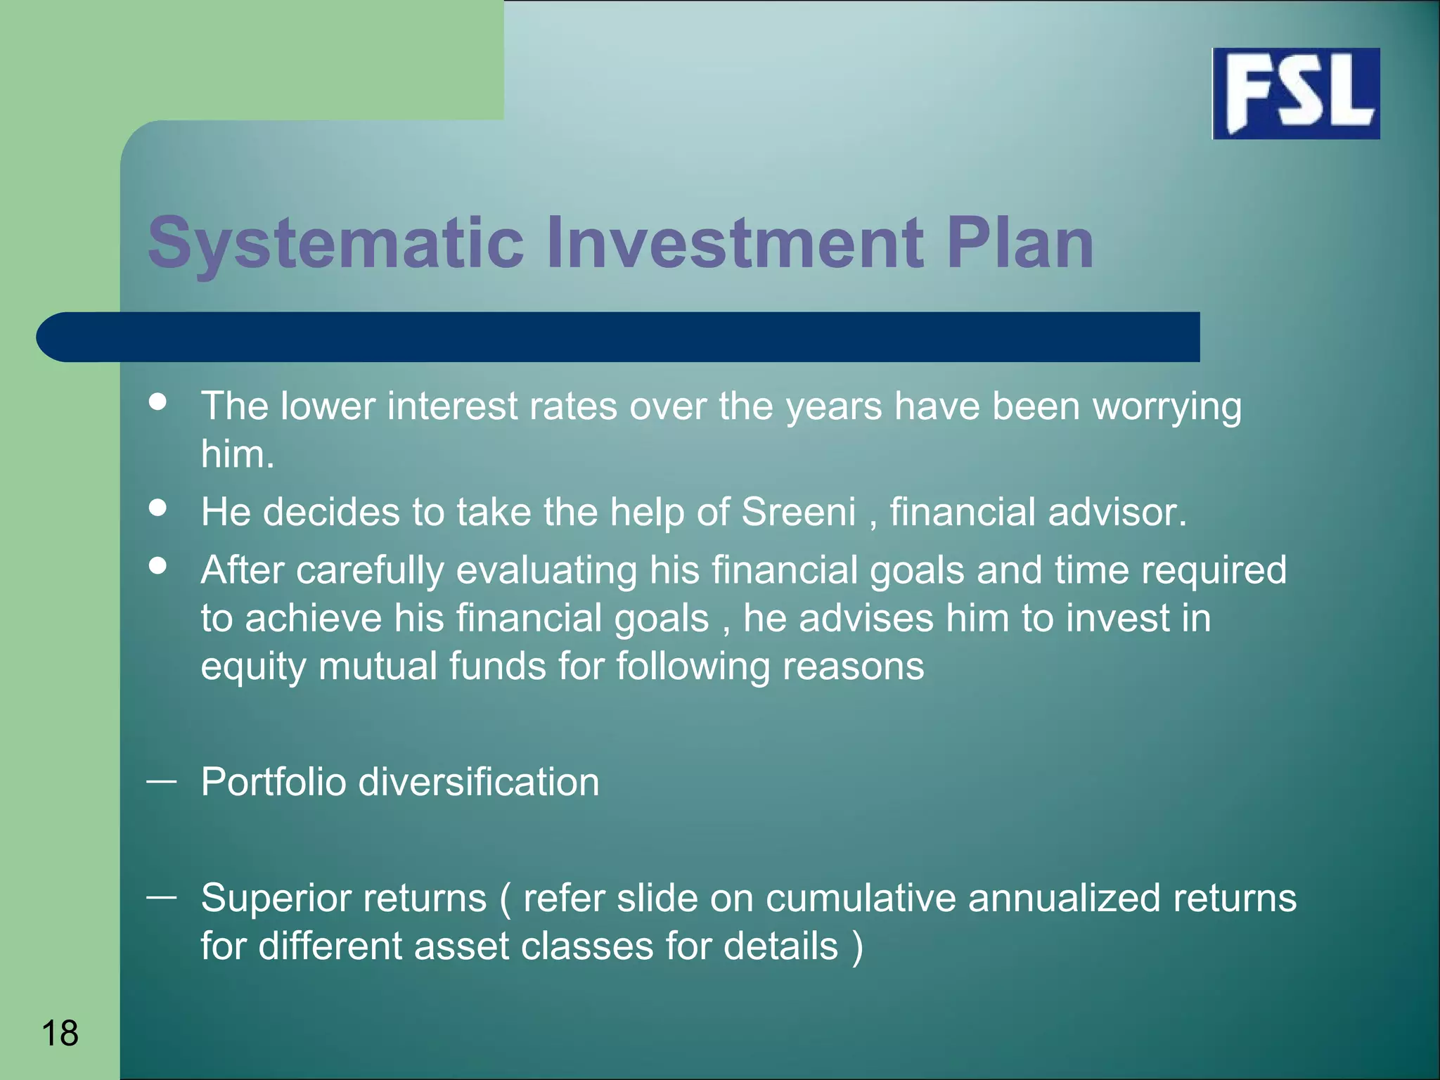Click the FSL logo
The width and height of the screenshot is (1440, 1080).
click(1296, 94)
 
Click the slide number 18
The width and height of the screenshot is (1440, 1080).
click(60, 1033)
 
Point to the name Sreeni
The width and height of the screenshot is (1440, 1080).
click(798, 512)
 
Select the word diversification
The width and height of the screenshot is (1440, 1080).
click(479, 782)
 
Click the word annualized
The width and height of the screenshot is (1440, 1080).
click(1063, 899)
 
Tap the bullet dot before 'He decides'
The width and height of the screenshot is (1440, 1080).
click(158, 508)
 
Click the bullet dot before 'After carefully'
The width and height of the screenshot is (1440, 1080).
click(158, 565)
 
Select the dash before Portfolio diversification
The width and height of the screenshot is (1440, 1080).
click(161, 780)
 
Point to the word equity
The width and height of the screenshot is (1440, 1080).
click(253, 667)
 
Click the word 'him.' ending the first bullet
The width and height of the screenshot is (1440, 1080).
click(237, 454)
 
